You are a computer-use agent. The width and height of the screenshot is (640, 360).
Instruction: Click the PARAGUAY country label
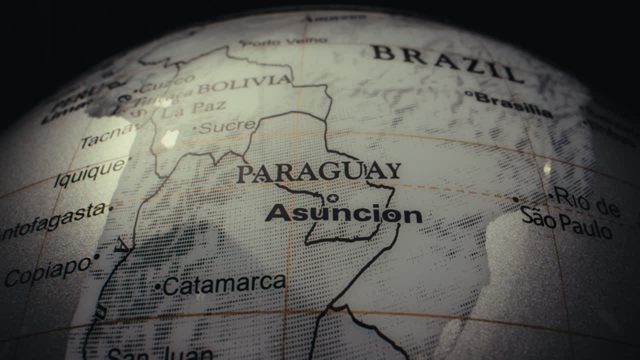318,172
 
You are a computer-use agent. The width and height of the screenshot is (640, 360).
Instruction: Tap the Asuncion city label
343,213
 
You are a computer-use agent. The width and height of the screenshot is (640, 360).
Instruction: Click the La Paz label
194,110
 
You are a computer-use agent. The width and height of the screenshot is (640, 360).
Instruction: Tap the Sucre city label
227,126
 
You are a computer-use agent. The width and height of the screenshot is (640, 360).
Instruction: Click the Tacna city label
106,135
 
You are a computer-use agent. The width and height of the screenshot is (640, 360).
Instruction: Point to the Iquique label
89,173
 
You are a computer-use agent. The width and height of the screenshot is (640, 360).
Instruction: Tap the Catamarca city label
224,284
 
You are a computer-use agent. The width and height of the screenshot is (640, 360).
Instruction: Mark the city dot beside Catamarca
158,287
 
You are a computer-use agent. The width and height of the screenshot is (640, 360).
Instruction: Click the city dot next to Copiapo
96,256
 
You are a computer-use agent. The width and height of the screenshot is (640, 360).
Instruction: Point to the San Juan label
160,354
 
